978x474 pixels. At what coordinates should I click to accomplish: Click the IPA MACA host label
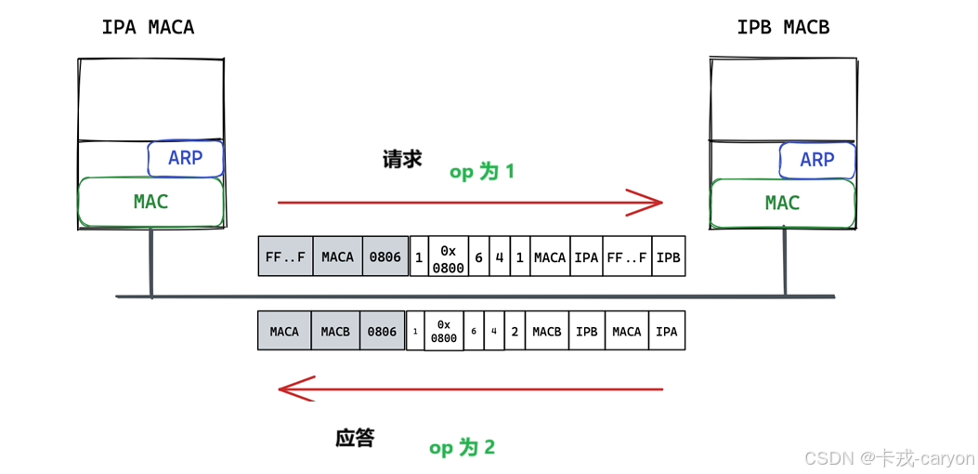(149, 27)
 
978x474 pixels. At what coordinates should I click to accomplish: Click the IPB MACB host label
(783, 28)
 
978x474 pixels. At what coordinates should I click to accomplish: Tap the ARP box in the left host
(186, 159)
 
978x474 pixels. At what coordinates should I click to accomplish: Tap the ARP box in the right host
(816, 160)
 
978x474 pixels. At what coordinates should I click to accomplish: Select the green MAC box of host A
(150, 202)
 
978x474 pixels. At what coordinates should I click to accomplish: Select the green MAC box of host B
(782, 204)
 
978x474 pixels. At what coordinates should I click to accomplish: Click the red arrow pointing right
(469, 201)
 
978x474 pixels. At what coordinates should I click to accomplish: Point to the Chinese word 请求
(402, 159)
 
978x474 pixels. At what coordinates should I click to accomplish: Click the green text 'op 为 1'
(482, 172)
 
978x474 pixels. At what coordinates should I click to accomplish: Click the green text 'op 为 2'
(463, 448)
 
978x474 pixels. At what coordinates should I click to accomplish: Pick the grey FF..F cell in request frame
(285, 257)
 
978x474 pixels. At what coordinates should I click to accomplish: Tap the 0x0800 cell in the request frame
(449, 257)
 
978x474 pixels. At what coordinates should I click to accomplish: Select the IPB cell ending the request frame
(669, 257)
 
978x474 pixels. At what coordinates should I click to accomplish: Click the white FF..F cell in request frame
(627, 257)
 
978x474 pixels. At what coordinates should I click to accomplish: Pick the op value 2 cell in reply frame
(515, 331)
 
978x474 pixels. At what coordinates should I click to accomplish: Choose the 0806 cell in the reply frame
(382, 331)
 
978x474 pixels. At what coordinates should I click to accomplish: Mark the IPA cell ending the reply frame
(666, 331)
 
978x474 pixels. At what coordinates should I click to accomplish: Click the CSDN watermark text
(888, 457)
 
